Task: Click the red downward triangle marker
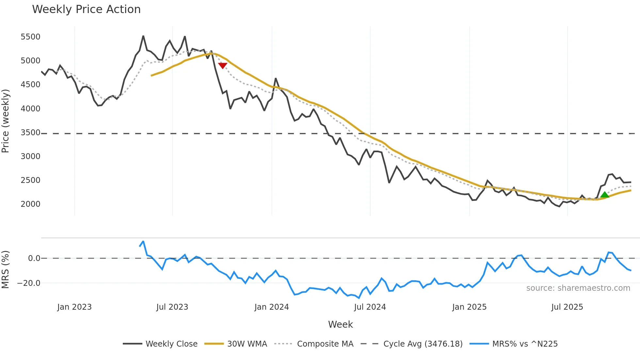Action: [x=223, y=66]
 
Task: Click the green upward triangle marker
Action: [x=604, y=195]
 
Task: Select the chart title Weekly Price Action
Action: [x=86, y=9]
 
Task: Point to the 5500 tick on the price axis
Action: [x=30, y=37]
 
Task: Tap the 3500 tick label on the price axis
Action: [x=30, y=133]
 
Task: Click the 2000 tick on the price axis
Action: [x=30, y=204]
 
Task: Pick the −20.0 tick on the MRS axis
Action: [x=29, y=283]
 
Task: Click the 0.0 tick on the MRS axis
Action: [x=34, y=258]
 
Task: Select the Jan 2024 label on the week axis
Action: [x=271, y=307]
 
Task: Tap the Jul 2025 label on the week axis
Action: [x=567, y=307]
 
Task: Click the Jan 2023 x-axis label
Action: [x=74, y=307]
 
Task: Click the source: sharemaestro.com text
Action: [x=578, y=288]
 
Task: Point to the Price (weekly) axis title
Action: [x=6, y=121]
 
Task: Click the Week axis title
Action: [x=340, y=324]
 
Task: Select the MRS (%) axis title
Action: [x=6, y=270]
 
